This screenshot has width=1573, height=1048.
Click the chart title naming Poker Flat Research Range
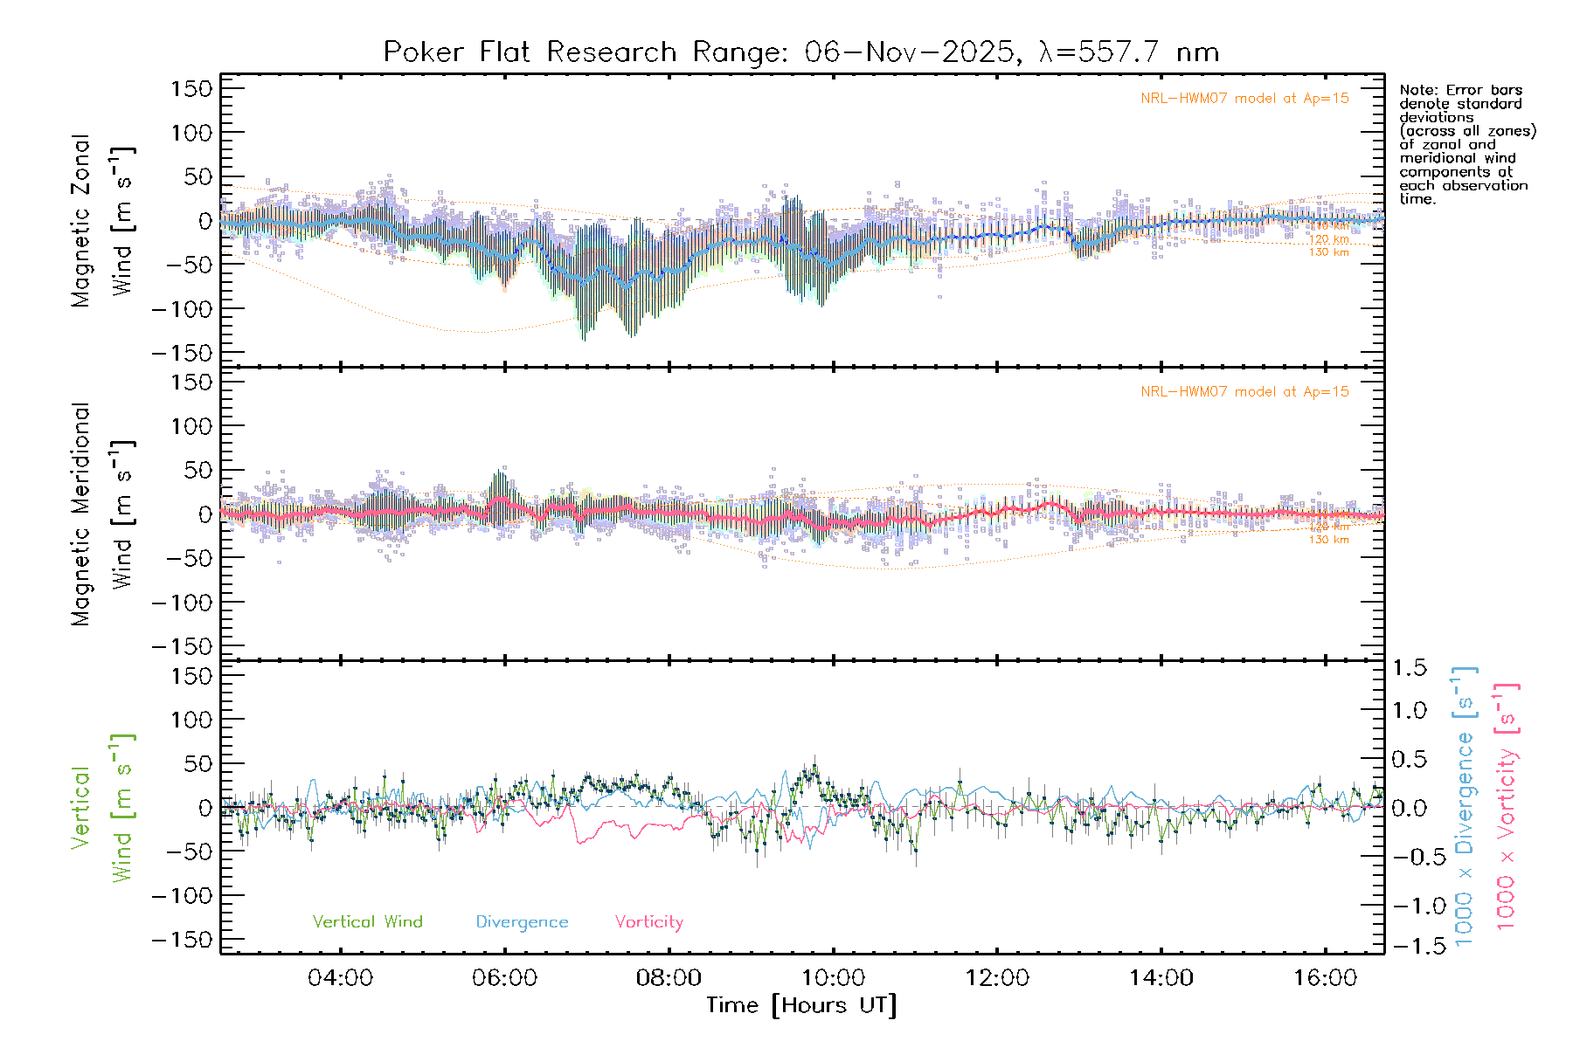click(800, 52)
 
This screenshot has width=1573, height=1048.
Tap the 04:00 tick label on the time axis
click(340, 978)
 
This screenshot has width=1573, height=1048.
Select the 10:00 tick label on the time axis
click(833, 978)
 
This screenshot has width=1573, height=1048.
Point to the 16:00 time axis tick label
click(1325, 978)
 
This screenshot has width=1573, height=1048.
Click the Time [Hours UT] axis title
click(801, 1005)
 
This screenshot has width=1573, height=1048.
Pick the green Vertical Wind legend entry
click(367, 922)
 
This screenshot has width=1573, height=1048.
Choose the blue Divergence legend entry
click(522, 922)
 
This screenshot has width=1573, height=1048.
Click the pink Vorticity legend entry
click(648, 922)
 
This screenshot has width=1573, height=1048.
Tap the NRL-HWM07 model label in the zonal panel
click(1244, 99)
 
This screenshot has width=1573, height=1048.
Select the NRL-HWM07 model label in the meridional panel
click(1244, 392)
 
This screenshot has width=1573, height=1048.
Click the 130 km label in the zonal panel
click(1328, 252)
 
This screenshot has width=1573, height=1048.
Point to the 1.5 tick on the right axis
click(1409, 668)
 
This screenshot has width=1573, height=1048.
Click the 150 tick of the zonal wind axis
click(192, 89)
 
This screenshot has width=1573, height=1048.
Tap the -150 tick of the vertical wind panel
click(182, 940)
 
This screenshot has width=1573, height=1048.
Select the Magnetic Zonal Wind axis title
click(102, 220)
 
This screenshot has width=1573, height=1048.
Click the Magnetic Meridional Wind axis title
click(102, 514)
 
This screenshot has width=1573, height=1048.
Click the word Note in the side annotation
click(1417, 90)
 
